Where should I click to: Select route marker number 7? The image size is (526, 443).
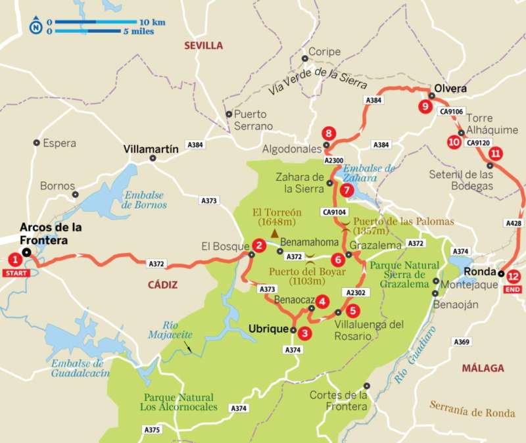[x=347, y=191]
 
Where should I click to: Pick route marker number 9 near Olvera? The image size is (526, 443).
[x=425, y=106]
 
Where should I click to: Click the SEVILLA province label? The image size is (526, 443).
[x=203, y=45]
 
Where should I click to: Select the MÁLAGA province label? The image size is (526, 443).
[x=483, y=367]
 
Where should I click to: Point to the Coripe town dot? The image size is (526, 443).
[x=304, y=58]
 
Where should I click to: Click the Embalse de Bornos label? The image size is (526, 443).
[x=144, y=199]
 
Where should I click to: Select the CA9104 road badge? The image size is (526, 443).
[x=335, y=212]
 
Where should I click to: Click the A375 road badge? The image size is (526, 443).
[x=152, y=429]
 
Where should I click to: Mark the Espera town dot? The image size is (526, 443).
[x=36, y=142]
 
